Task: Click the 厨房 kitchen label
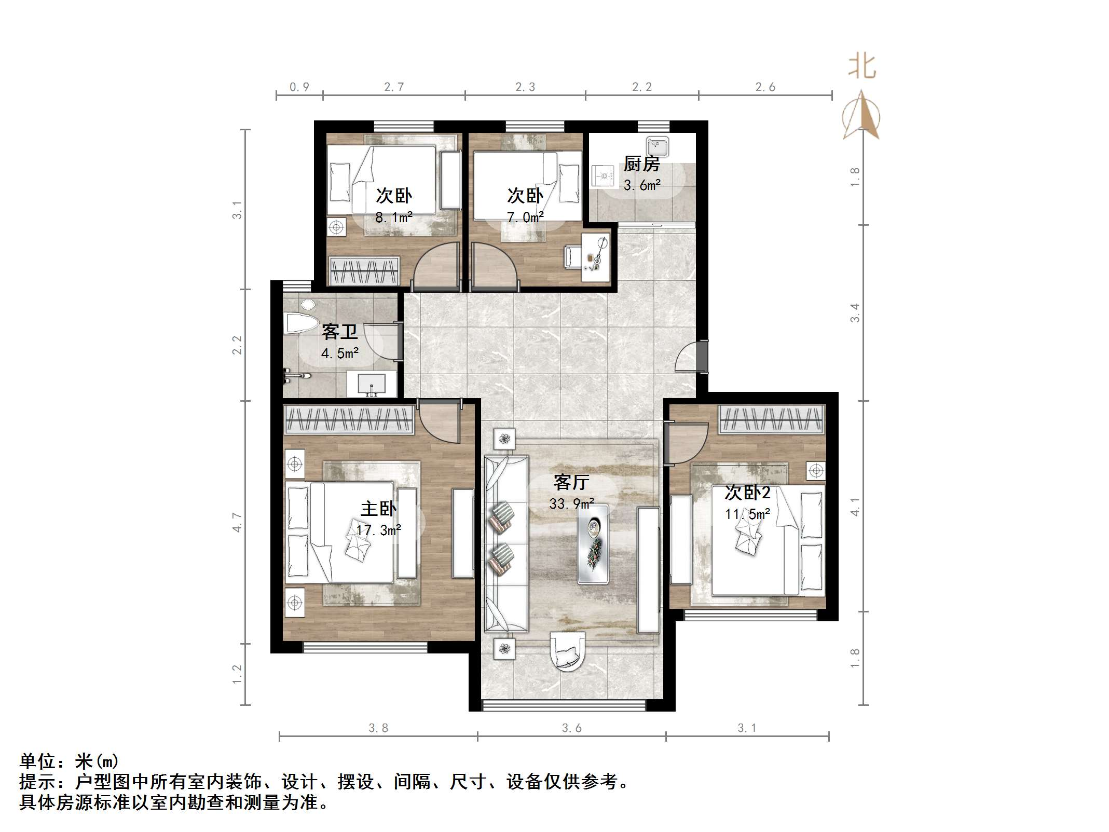click(641, 164)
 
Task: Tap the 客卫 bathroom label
click(339, 331)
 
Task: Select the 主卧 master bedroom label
click(378, 509)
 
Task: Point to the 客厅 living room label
click(571, 483)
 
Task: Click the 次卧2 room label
click(747, 493)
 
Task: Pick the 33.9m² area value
click(571, 504)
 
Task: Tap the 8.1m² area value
click(394, 217)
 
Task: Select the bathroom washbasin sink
click(372, 384)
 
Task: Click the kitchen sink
click(658, 146)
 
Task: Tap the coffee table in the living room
click(593, 543)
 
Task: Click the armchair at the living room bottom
click(567, 652)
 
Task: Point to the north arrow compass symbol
click(861, 117)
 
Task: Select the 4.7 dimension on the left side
click(237, 522)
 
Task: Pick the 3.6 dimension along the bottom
click(571, 728)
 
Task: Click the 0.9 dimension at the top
click(299, 87)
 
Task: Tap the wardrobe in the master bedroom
click(349, 419)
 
